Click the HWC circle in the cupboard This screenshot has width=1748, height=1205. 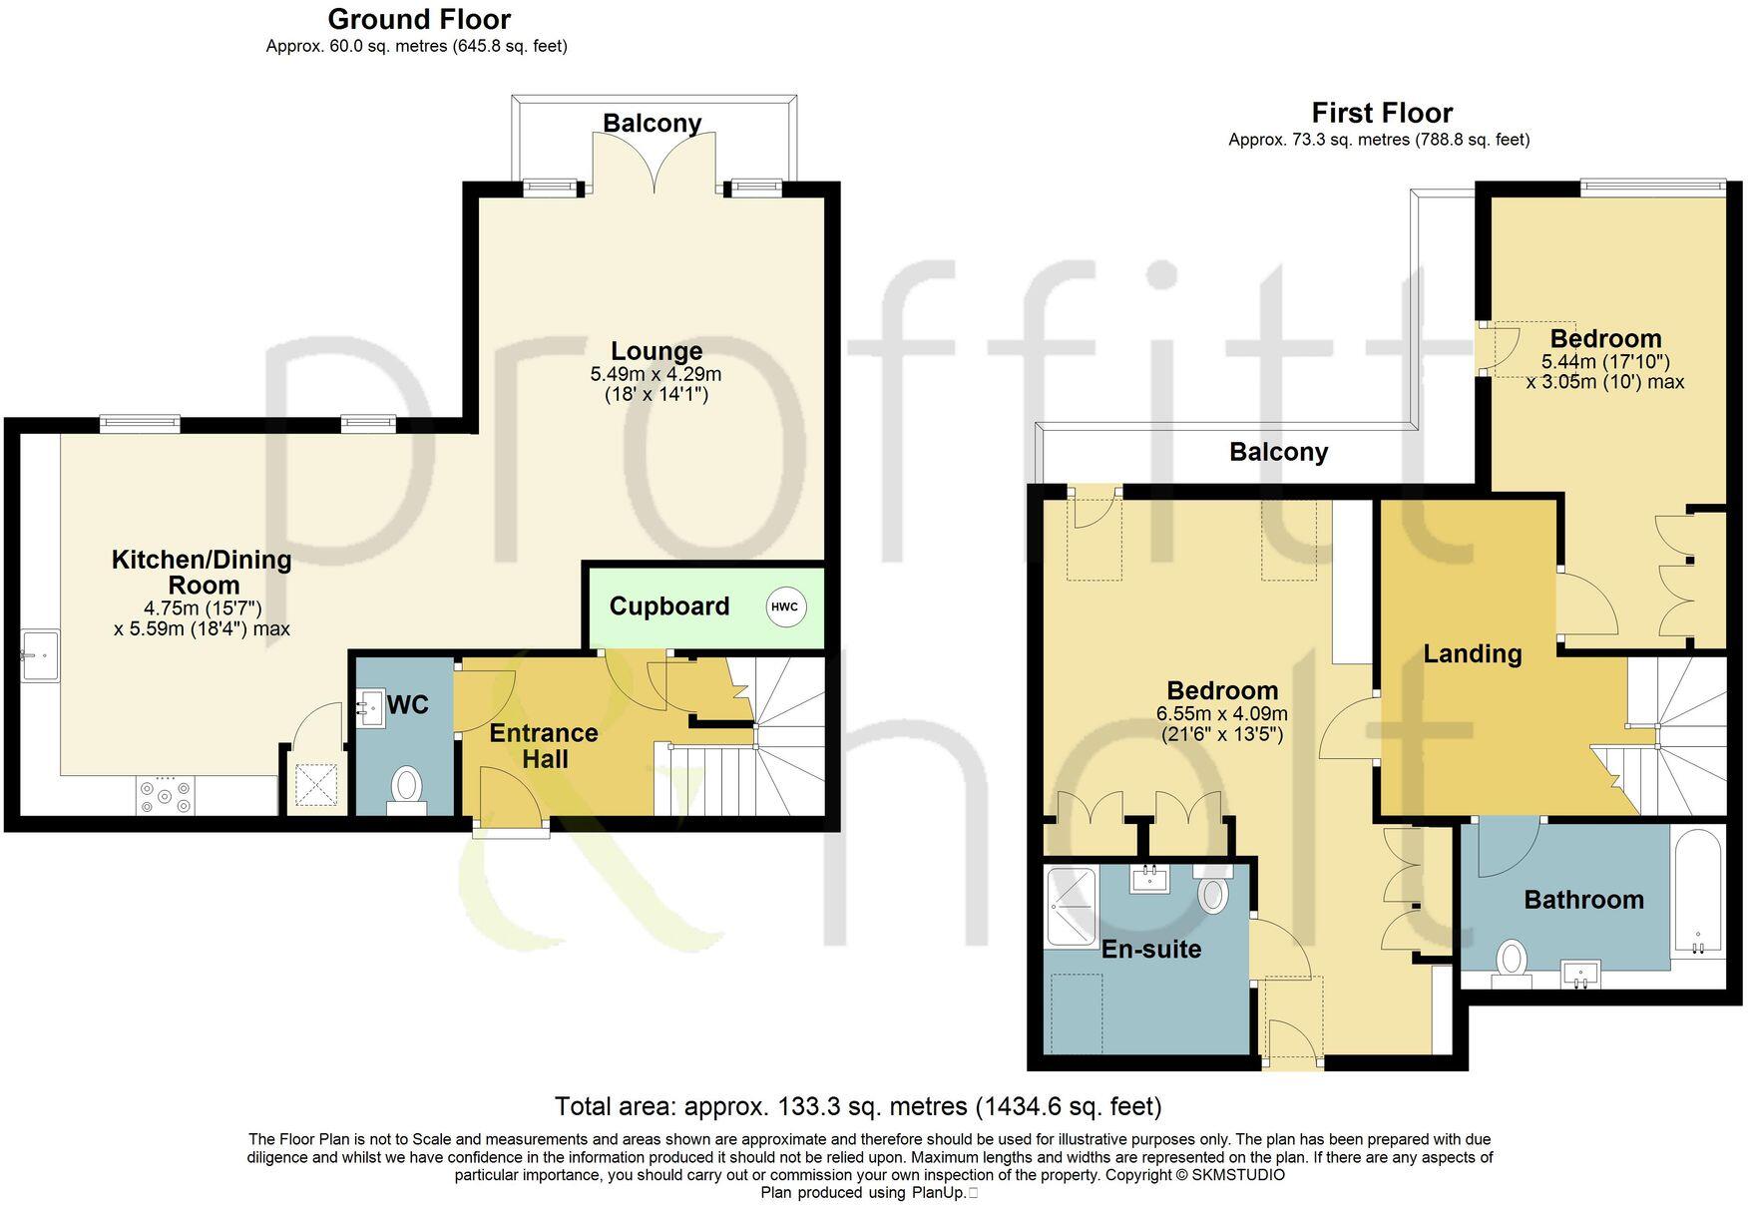(x=785, y=606)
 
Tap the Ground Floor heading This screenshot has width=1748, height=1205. (x=419, y=19)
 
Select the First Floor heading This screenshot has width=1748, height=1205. (x=1381, y=113)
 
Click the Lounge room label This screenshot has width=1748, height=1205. (x=656, y=351)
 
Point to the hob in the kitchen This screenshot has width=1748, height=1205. (x=166, y=794)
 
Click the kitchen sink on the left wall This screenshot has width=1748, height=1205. (x=41, y=655)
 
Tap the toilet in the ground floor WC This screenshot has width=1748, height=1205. (x=406, y=786)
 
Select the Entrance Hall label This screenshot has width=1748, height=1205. (x=544, y=746)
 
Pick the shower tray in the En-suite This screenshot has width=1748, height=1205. (x=1071, y=907)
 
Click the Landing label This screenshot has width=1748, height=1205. (x=1472, y=654)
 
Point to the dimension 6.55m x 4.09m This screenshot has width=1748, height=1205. (x=1222, y=714)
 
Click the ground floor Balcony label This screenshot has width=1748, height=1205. (x=652, y=124)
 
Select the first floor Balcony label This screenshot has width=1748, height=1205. (x=1278, y=453)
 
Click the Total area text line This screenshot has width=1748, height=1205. (x=858, y=1106)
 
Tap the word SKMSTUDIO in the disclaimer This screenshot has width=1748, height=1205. (x=1238, y=1175)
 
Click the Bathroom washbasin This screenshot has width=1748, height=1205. (x=1580, y=972)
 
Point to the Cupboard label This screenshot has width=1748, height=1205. (x=668, y=606)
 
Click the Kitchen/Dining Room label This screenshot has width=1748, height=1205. (x=202, y=573)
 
